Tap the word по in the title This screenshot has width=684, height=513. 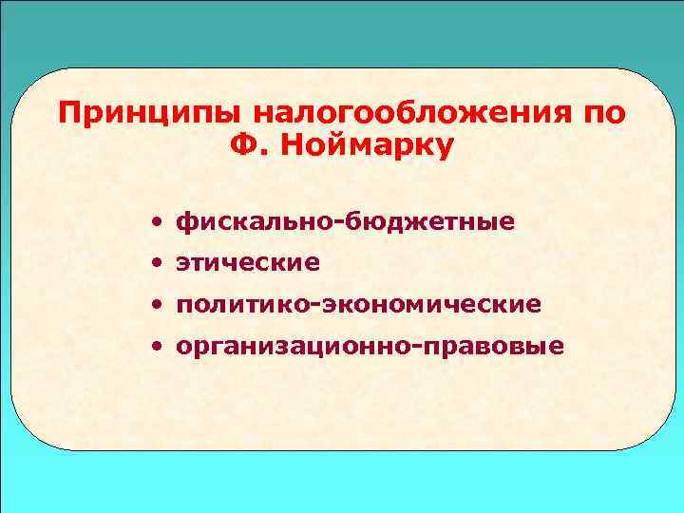click(606, 114)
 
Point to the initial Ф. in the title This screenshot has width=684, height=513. click(250, 148)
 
